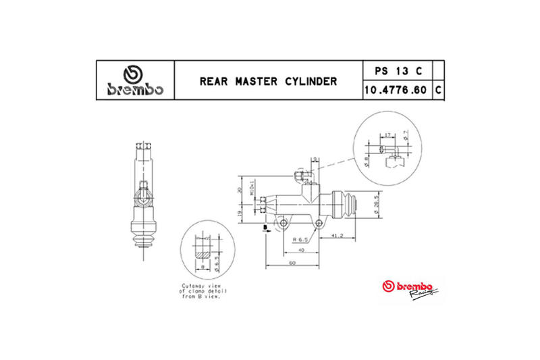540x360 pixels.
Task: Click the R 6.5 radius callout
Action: pos(300,239)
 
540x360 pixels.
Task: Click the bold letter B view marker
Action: pos(265,228)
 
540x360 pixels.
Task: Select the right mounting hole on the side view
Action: pos(318,221)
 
